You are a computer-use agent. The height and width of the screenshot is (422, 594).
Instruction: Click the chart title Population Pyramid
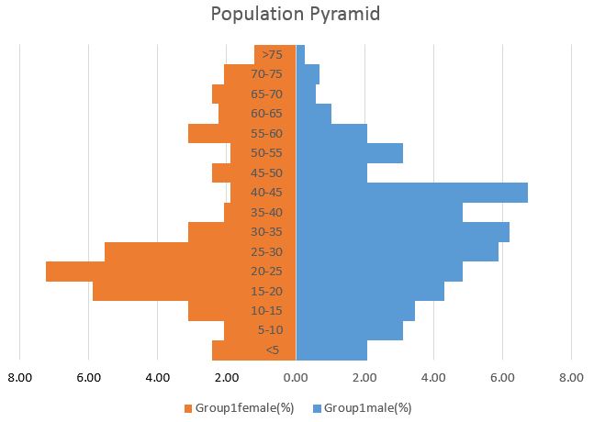pyautogui.click(x=295, y=15)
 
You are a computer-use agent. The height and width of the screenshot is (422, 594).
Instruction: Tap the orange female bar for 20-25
pyautogui.click(x=138, y=272)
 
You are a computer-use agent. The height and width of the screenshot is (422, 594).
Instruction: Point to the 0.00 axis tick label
pyautogui.click(x=296, y=376)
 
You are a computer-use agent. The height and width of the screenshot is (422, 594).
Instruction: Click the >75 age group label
pyautogui.click(x=272, y=55)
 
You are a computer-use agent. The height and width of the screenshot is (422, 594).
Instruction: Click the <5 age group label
pyautogui.click(x=272, y=350)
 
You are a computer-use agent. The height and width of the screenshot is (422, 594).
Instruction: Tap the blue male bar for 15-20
pyautogui.click(x=376, y=291)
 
